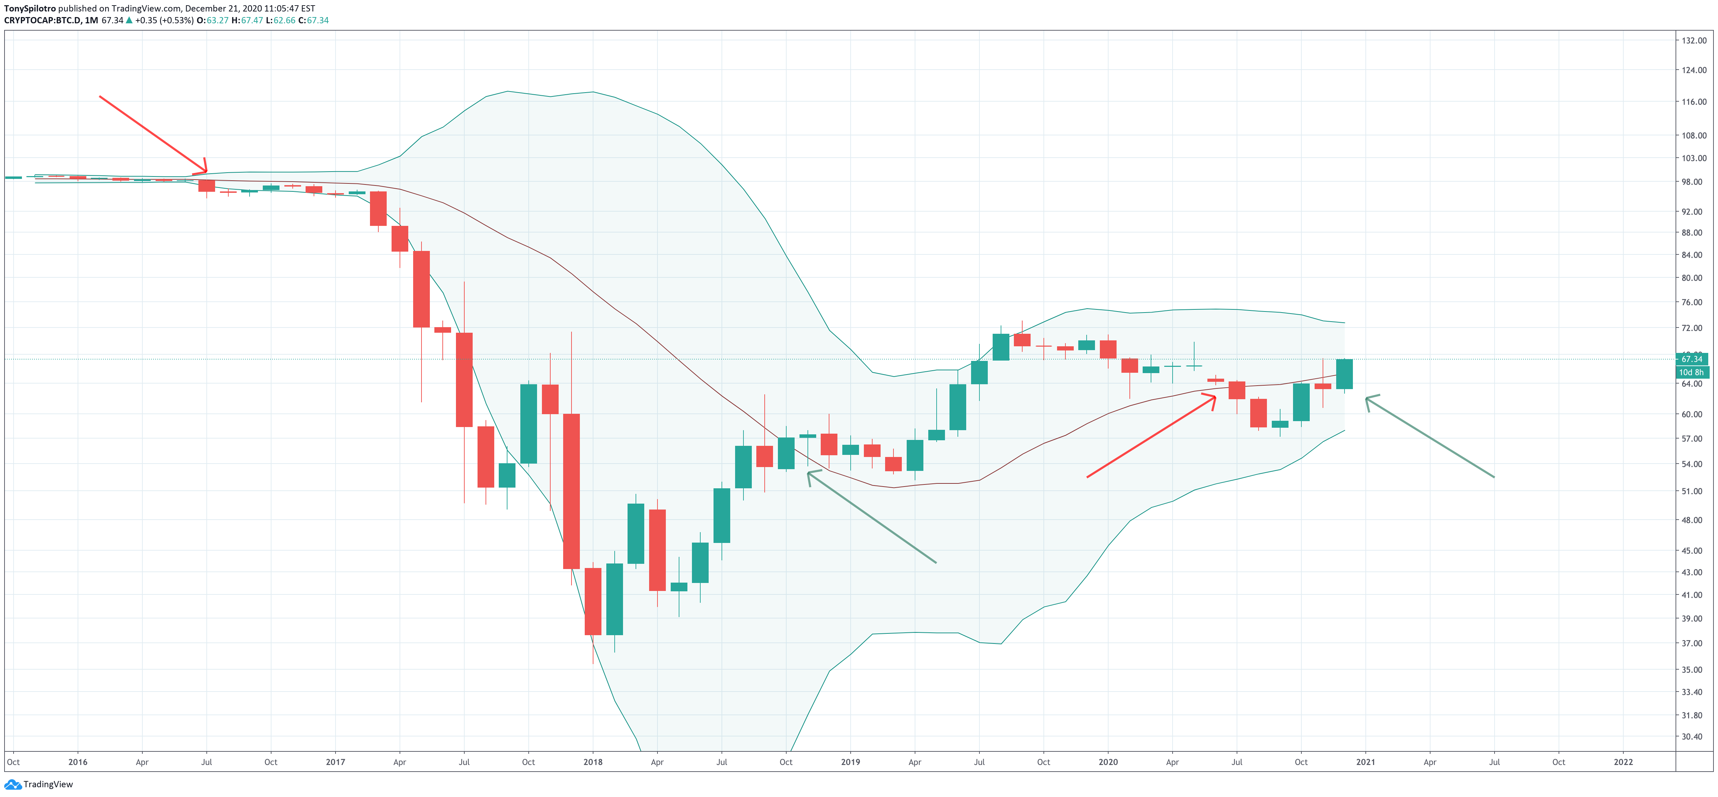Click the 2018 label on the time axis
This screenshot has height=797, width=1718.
[x=592, y=762]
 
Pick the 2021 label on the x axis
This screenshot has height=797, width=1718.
[x=1365, y=762]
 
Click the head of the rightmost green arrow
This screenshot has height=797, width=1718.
[x=1367, y=399]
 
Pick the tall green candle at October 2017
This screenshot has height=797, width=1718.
[x=528, y=424]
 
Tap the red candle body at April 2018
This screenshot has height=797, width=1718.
[x=657, y=550]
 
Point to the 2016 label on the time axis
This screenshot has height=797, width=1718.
[x=77, y=762]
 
